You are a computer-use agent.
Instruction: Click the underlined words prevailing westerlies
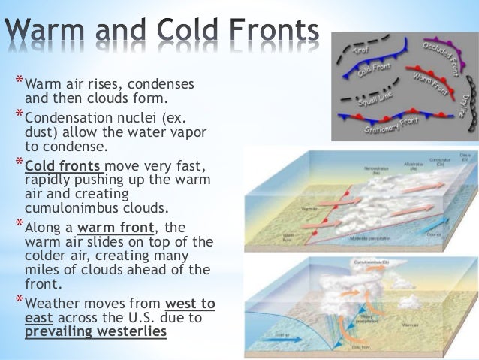click(x=95, y=330)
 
